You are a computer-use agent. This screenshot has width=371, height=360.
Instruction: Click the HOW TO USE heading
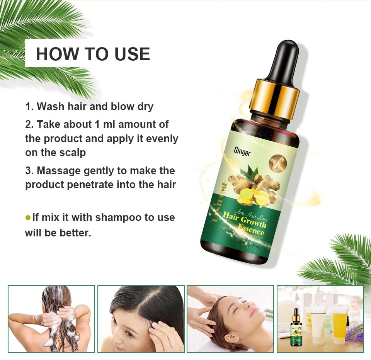pyautogui.click(x=93, y=54)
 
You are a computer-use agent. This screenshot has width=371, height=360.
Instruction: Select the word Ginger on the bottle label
pyautogui.click(x=242, y=152)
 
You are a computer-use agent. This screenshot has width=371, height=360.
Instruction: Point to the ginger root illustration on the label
pyautogui.click(x=253, y=189)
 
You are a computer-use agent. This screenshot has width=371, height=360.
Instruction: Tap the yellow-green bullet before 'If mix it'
pyautogui.click(x=28, y=218)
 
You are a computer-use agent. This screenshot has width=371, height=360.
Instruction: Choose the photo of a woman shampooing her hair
pyautogui.click(x=51, y=319)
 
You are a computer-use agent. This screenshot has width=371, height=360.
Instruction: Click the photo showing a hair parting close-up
pyautogui.click(x=141, y=319)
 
